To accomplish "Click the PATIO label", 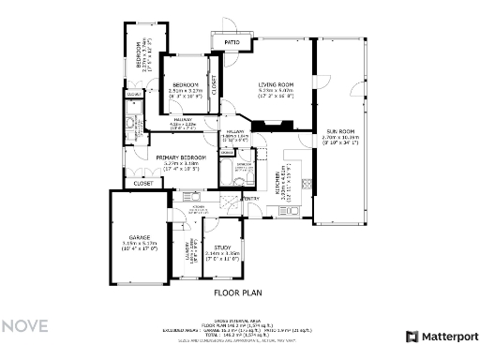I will point(230,42).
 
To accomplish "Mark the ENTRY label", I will point(251,198).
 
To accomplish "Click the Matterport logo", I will point(442,336).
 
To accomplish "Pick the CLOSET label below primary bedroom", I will point(143,184).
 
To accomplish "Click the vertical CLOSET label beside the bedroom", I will point(213,84).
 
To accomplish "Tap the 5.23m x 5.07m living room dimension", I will point(276,92).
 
